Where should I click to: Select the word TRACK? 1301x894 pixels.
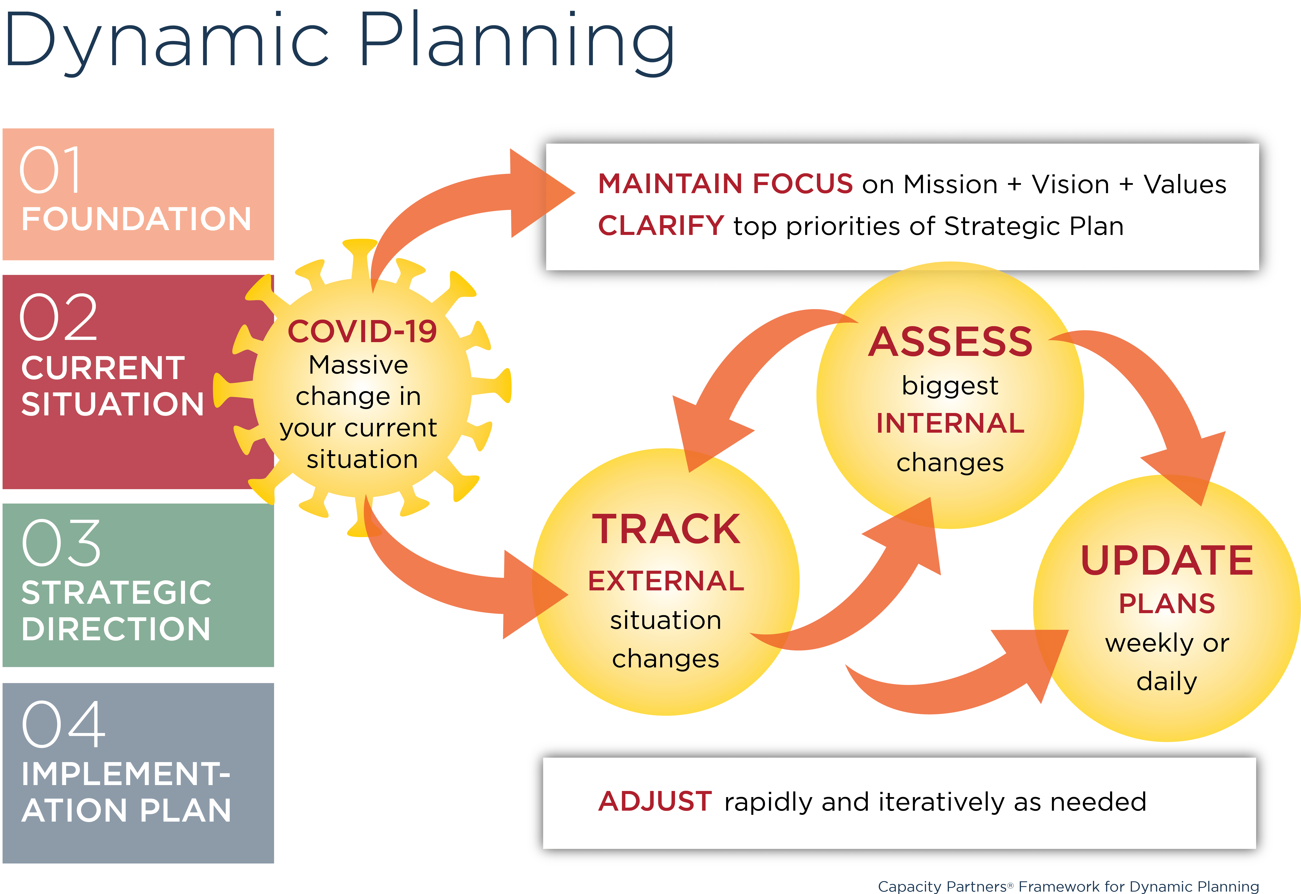666,529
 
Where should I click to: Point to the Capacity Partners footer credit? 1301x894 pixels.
1068,886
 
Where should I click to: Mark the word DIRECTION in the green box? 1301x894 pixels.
116,629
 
